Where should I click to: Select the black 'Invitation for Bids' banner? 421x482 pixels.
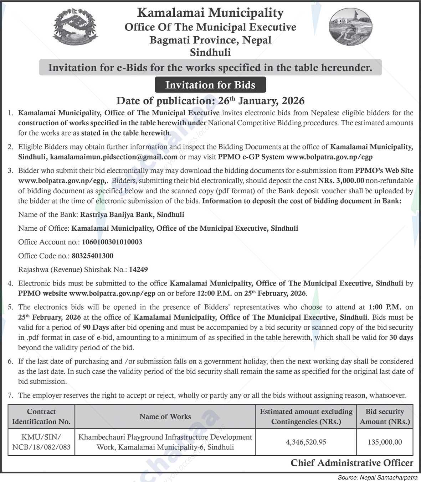[x=210, y=85]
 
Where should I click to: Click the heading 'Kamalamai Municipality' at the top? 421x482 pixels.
[x=210, y=13]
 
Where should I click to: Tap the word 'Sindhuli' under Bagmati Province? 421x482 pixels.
[x=210, y=53]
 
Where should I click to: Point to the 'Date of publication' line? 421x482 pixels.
[x=210, y=101]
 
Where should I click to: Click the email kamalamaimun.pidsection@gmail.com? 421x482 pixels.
[x=114, y=157]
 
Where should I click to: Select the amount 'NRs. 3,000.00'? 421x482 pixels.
[x=341, y=180]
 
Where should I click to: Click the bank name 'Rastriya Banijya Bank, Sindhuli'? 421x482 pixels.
[x=132, y=215]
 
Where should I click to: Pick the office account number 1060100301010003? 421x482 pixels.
[x=112, y=242]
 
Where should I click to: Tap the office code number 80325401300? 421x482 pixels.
[x=92, y=256]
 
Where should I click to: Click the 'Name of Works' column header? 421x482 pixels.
[x=165, y=416]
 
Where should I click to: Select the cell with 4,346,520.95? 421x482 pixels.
[x=306, y=442]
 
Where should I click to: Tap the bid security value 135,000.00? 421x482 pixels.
[x=385, y=442]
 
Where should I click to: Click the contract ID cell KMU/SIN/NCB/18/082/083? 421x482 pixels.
[x=41, y=442]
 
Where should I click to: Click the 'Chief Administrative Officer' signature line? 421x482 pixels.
[x=352, y=463]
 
